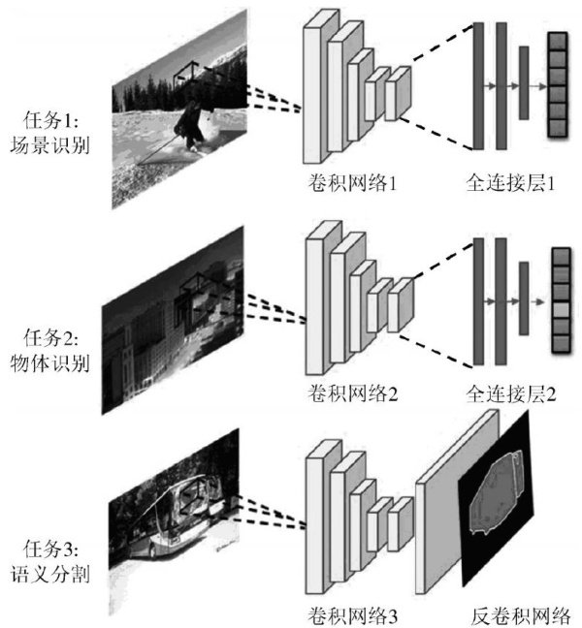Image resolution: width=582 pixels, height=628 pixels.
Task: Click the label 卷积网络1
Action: click(350, 180)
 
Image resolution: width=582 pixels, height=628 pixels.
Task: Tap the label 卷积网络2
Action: click(350, 395)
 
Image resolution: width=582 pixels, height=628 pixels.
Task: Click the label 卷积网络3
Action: click(350, 614)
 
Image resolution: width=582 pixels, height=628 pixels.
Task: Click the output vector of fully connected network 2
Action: click(559, 300)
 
